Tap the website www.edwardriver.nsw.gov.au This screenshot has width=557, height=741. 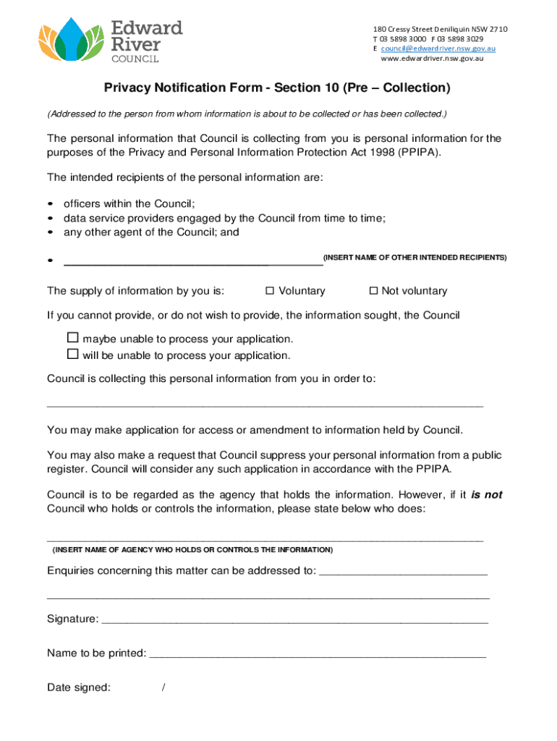[x=431, y=58]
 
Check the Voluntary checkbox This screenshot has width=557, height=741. [x=270, y=291]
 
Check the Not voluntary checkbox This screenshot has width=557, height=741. [x=374, y=291]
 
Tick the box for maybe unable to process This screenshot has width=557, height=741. [x=72, y=338]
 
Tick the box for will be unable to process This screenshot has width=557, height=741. [x=72, y=355]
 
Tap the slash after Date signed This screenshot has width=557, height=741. [x=164, y=687]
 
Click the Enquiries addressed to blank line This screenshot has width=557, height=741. [x=403, y=572]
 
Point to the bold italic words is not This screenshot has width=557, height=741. [x=486, y=495]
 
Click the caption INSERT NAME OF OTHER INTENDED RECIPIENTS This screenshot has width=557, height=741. [x=414, y=258]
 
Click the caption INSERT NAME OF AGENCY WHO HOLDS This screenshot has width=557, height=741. [x=192, y=550]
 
